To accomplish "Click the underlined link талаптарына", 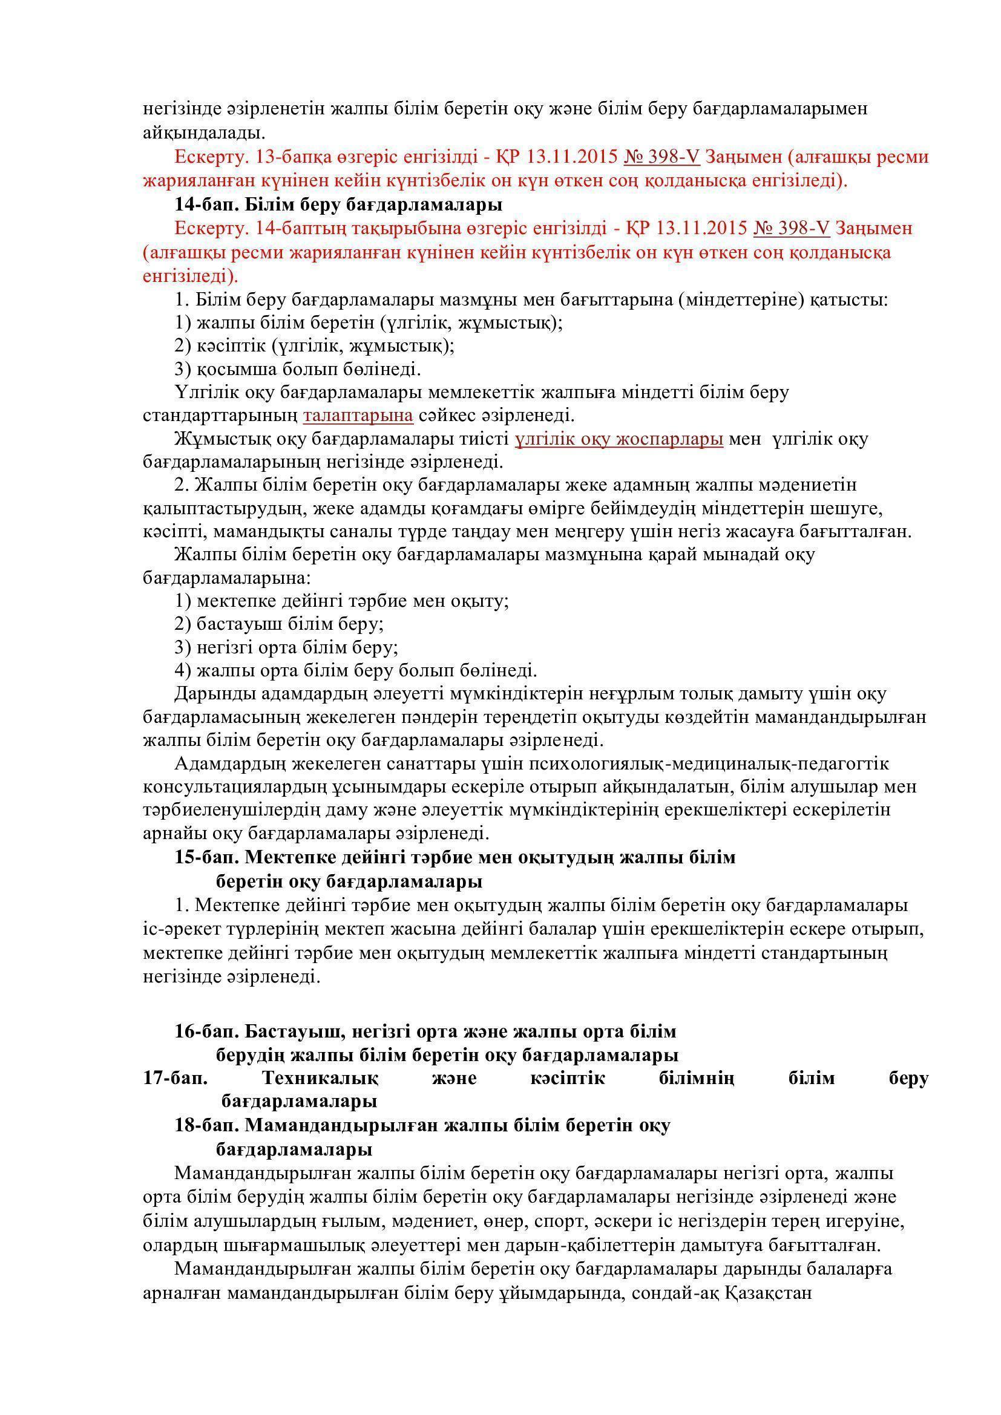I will click(x=358, y=416).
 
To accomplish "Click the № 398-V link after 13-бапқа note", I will click(x=661, y=157).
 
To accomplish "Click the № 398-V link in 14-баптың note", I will click(x=792, y=228).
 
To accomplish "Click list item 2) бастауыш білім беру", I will click(x=279, y=624).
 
